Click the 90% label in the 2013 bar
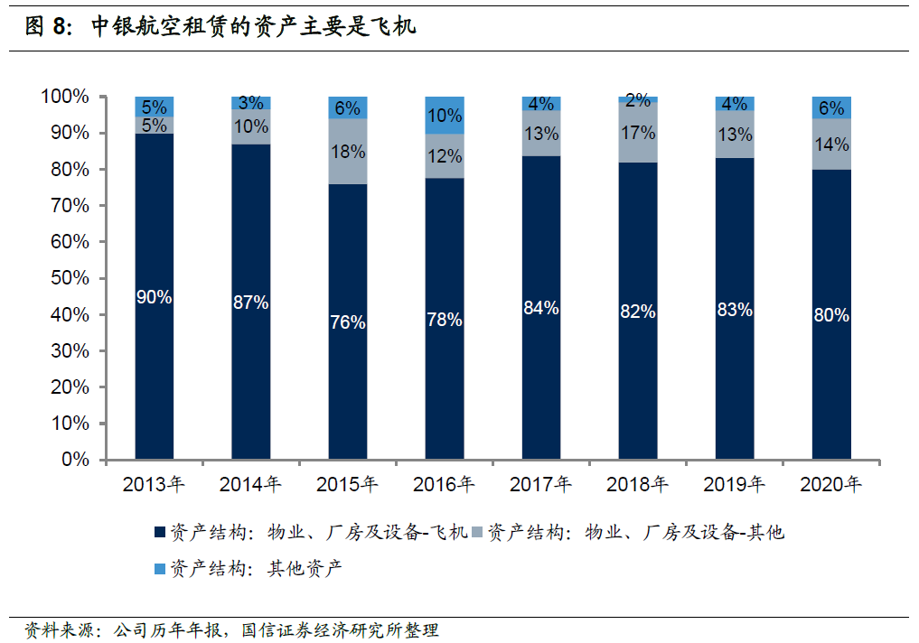point(155,297)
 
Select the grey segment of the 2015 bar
point(348,152)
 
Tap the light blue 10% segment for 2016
point(445,116)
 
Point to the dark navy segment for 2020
point(831,314)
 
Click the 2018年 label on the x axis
point(637,484)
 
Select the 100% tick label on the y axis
point(65,97)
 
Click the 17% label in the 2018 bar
point(638,133)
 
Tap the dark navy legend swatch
point(159,532)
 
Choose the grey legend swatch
point(477,532)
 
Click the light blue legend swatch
point(159,569)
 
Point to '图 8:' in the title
point(49,26)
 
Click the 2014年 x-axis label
point(250,484)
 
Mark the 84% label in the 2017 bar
point(541,307)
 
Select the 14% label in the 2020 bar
point(831,144)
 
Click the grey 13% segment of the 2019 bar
point(735,134)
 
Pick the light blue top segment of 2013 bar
point(155,107)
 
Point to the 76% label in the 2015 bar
point(348,322)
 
